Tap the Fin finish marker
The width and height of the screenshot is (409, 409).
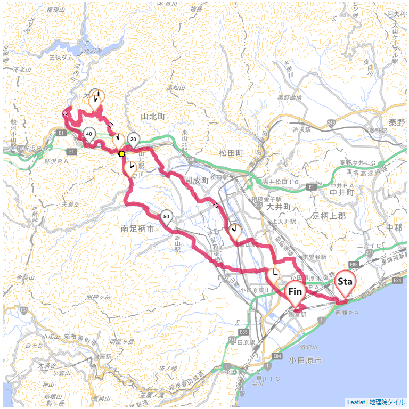coord(295,292)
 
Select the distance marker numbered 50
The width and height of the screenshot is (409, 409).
coord(167,216)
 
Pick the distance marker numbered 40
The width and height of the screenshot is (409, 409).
coord(89,134)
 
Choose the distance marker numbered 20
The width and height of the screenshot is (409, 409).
coord(134,140)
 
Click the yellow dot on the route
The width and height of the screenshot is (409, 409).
coord(122,153)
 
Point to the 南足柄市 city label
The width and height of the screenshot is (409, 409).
coord(137,228)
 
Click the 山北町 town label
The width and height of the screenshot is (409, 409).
coord(153,116)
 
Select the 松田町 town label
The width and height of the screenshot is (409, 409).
coord(231,153)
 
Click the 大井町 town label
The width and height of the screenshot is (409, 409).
coord(278,206)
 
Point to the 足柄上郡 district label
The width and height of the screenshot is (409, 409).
coord(329,216)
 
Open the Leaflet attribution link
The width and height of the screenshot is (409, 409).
coord(356,402)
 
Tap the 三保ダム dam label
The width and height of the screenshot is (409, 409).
coord(61,56)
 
